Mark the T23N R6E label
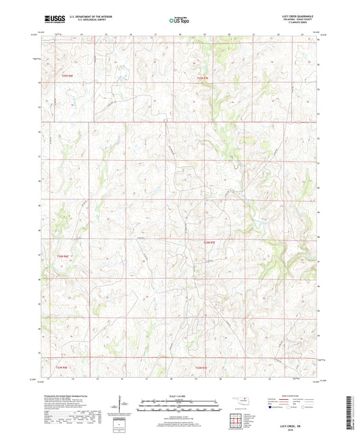click(62, 367)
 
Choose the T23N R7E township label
click(203, 367)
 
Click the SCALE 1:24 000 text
click(180, 396)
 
